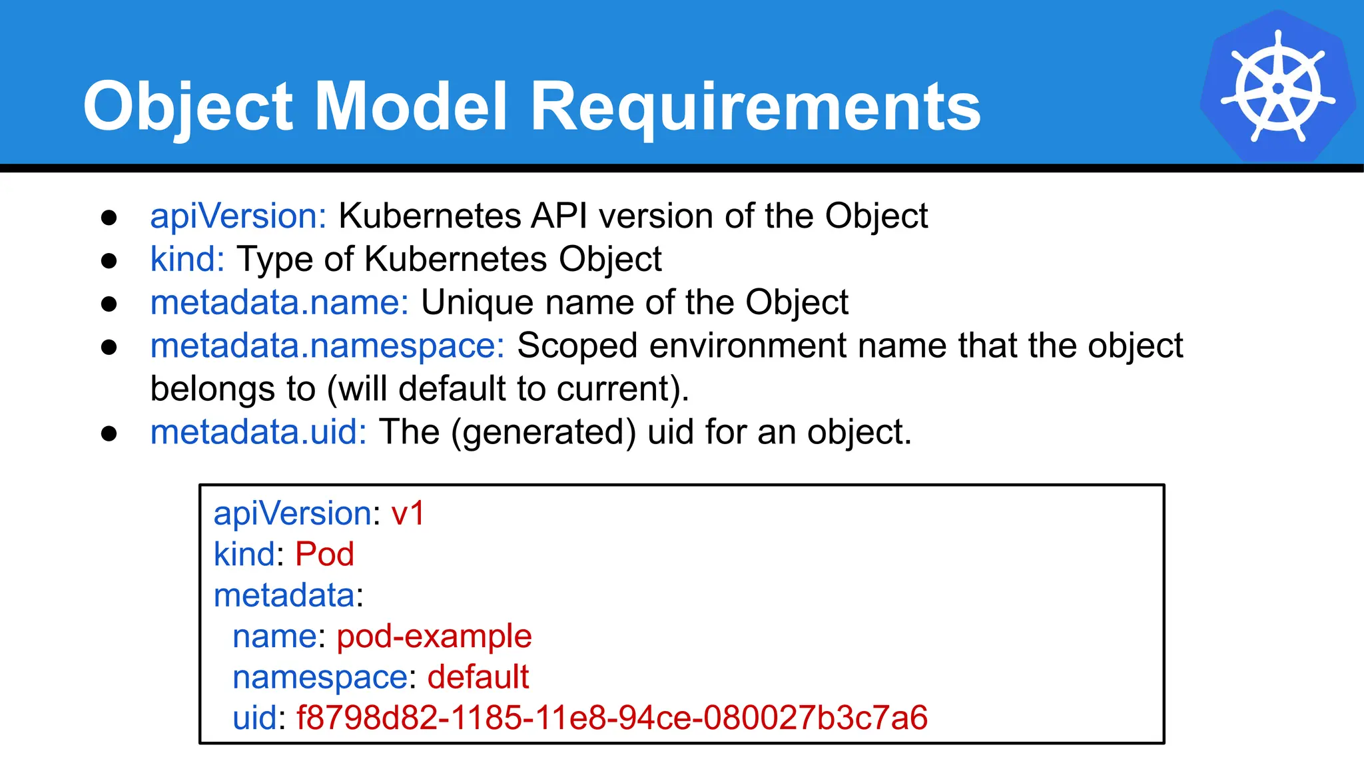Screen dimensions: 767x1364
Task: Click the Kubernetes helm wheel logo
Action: (x=1277, y=87)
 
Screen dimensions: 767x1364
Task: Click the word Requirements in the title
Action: (x=755, y=107)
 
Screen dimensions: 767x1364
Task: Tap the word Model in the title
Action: (x=412, y=107)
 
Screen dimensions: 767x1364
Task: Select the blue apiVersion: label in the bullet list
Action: (x=238, y=216)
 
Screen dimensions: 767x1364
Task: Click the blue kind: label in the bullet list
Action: (x=187, y=259)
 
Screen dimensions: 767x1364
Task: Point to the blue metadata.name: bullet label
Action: (x=280, y=302)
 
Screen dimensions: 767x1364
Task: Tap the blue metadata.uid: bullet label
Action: (x=258, y=432)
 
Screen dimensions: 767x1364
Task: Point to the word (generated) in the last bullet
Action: (x=543, y=432)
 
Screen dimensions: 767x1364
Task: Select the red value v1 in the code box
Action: (x=408, y=514)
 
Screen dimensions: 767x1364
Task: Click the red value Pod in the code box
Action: (x=324, y=555)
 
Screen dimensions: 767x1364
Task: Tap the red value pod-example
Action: (x=434, y=637)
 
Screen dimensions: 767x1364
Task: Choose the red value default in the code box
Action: (x=478, y=677)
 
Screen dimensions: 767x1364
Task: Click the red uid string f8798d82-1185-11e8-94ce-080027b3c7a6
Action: (x=611, y=718)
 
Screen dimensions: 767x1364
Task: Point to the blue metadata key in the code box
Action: (x=284, y=595)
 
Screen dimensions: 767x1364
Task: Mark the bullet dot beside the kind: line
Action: (x=109, y=260)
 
